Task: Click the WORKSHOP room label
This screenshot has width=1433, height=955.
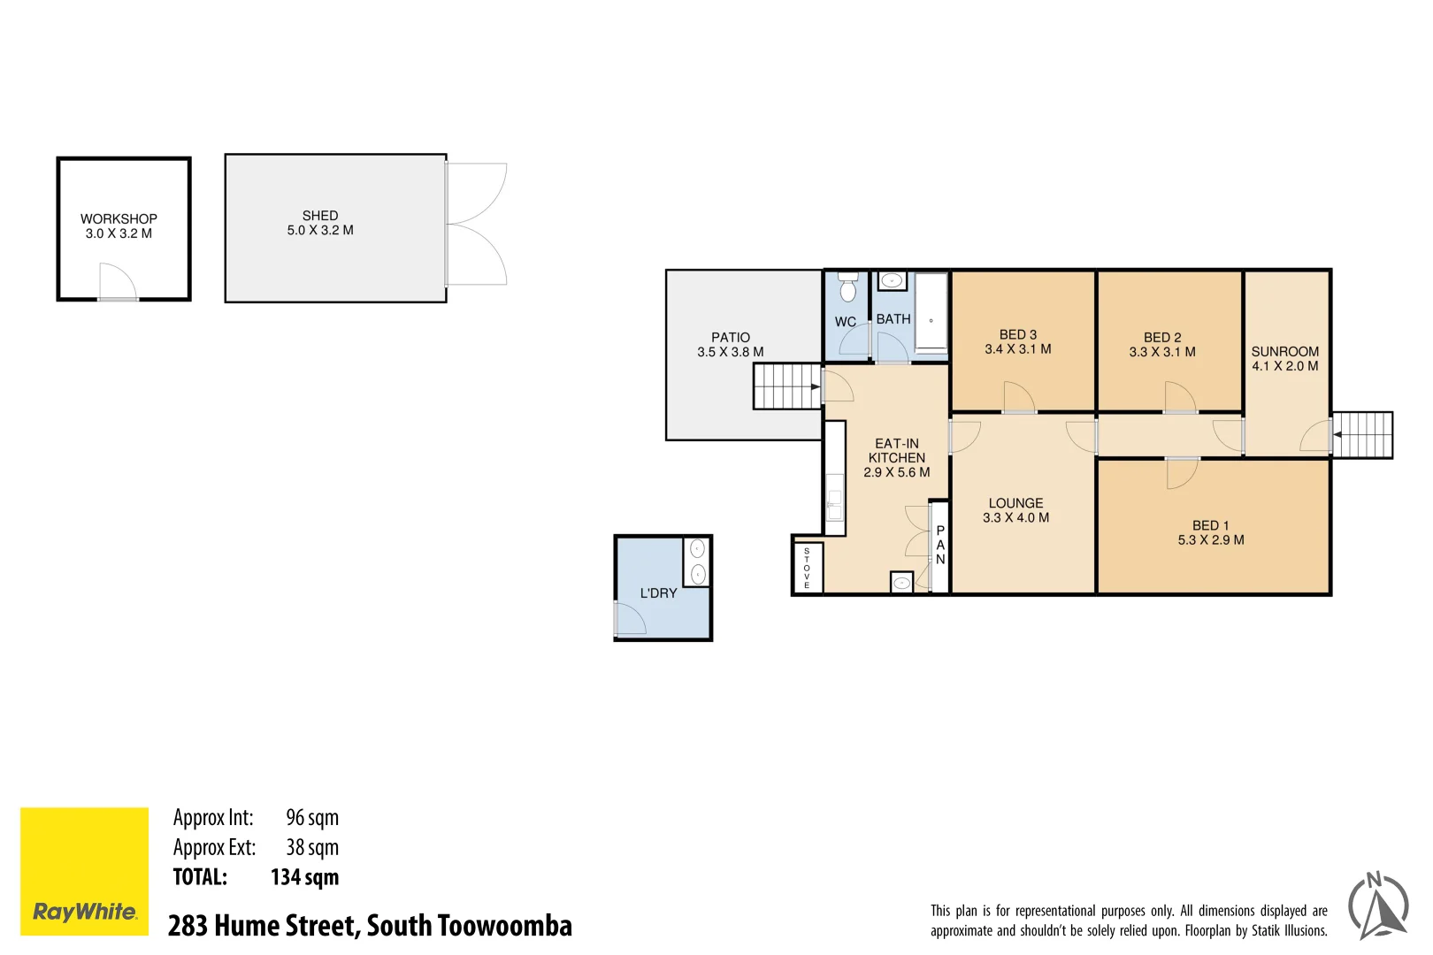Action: tap(119, 219)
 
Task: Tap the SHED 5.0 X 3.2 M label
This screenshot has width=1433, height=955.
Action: tap(320, 223)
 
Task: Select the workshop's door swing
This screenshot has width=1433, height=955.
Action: tap(117, 282)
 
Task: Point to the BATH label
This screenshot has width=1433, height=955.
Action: tap(893, 319)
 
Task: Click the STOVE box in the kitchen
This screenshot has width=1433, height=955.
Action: tap(807, 568)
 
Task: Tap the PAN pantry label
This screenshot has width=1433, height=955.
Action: tap(940, 546)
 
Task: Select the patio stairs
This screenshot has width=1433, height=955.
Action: tap(786, 386)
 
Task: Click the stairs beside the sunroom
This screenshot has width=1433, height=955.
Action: tap(1362, 435)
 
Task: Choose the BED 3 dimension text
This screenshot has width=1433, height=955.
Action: tap(1018, 349)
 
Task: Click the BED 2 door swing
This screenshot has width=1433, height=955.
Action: tap(1180, 397)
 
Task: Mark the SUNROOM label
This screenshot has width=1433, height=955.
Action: tap(1284, 351)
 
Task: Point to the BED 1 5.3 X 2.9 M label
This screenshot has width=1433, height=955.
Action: tap(1211, 533)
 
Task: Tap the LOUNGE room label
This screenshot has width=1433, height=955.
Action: tap(1015, 503)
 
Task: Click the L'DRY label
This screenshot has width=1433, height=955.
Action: tap(659, 593)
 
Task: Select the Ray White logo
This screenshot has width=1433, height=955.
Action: tap(85, 871)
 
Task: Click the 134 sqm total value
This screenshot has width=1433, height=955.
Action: tap(304, 877)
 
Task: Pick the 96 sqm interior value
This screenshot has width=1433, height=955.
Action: tap(312, 818)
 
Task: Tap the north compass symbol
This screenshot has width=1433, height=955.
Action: tap(1378, 905)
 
